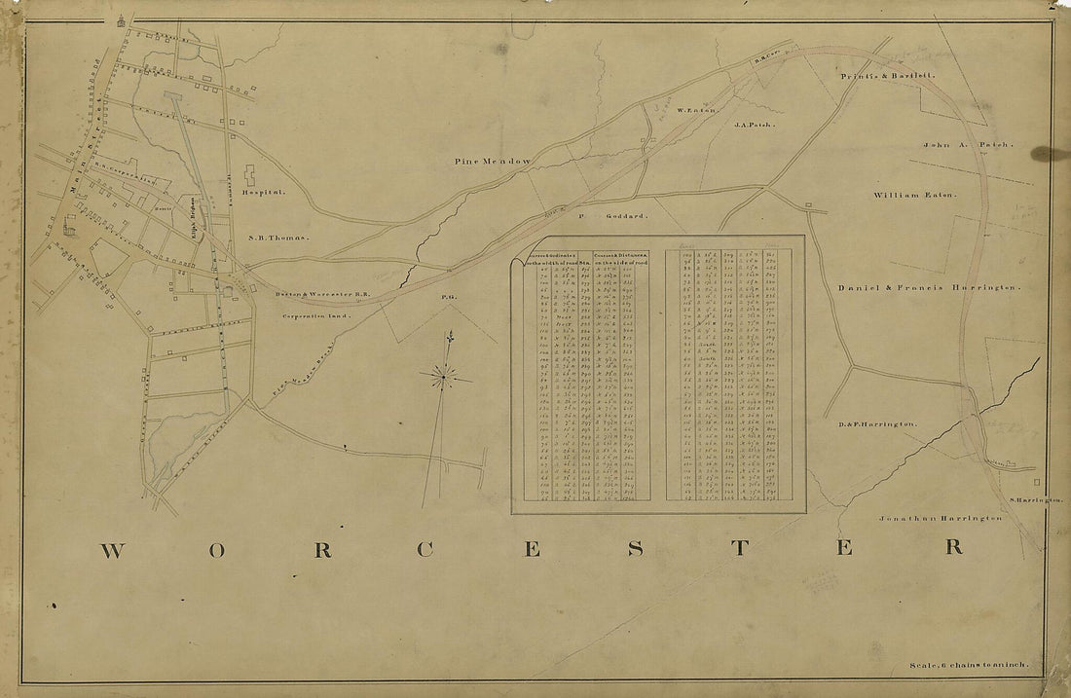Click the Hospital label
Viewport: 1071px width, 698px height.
click(266, 193)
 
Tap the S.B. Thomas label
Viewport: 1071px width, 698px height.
click(277, 237)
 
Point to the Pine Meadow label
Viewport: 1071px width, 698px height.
click(492, 160)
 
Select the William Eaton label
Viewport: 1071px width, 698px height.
click(915, 195)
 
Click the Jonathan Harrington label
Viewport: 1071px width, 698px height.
click(941, 518)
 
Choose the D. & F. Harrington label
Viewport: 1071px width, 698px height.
click(877, 425)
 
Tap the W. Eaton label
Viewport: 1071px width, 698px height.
click(696, 110)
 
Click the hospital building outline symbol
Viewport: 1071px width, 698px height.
click(249, 176)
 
